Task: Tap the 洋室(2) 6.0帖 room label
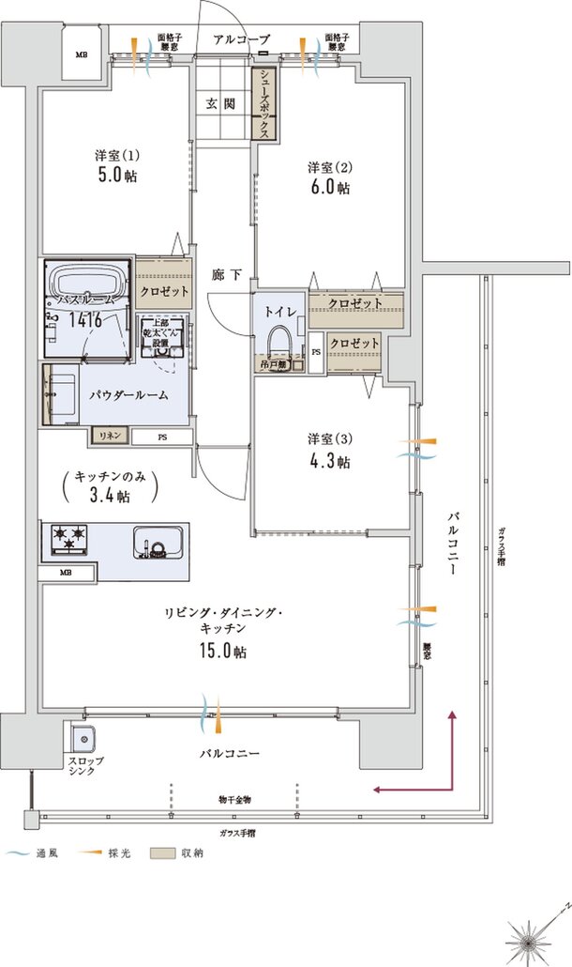pyautogui.click(x=329, y=177)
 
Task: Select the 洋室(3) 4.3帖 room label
pyautogui.click(x=329, y=450)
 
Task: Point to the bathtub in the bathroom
pyautogui.click(x=86, y=283)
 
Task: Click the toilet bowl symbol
pyautogui.click(x=279, y=344)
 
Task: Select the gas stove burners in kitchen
pyautogui.click(x=67, y=538)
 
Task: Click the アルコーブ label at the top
pyautogui.click(x=241, y=39)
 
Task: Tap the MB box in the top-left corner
pyautogui.click(x=82, y=54)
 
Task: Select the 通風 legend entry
pyautogui.click(x=34, y=853)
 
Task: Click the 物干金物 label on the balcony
pyautogui.click(x=235, y=800)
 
